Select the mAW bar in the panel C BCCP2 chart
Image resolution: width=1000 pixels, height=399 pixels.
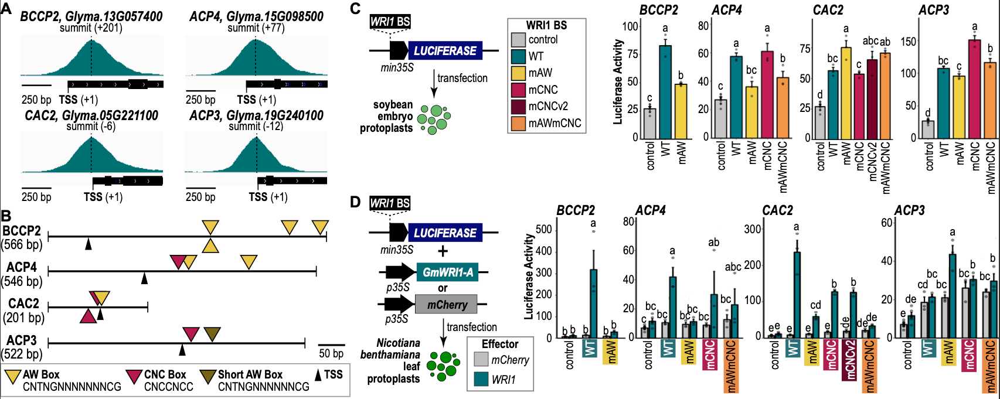click(681, 111)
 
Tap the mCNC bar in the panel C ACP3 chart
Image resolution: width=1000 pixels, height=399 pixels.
click(974, 88)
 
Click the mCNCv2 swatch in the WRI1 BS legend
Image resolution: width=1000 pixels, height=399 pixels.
click(518, 107)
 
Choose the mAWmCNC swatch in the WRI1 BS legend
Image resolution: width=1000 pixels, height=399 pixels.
click(518, 124)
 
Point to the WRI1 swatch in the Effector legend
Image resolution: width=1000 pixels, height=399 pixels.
click(481, 379)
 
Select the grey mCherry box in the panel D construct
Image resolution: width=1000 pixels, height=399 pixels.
click(447, 305)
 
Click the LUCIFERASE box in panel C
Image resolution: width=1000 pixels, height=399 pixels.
click(445, 51)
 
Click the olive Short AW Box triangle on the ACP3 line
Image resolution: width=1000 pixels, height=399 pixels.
click(212, 334)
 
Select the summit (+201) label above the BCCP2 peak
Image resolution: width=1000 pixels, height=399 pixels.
click(91, 28)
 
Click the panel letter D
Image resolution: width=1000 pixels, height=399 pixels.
click(355, 203)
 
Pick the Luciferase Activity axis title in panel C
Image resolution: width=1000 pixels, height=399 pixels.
click(618, 82)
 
